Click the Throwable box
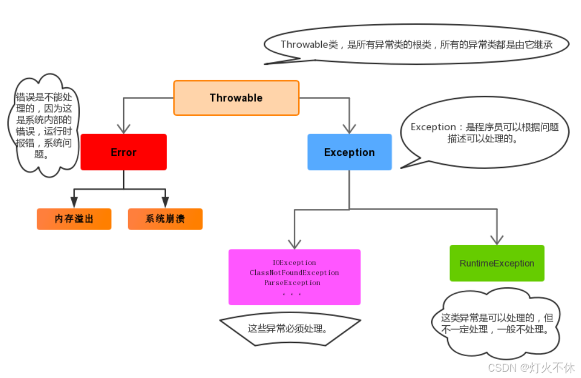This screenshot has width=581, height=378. pyautogui.click(x=236, y=98)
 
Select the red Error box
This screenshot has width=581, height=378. pyautogui.click(x=124, y=152)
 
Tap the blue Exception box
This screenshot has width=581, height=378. pyautogui.click(x=349, y=152)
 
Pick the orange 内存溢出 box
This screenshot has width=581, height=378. pyautogui.click(x=74, y=219)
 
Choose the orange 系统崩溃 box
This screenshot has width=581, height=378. pyautogui.click(x=165, y=219)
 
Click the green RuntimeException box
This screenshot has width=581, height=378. pyautogui.click(x=497, y=263)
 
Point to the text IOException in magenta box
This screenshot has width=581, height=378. pyautogui.click(x=294, y=263)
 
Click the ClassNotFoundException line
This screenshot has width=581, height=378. pyautogui.click(x=294, y=272)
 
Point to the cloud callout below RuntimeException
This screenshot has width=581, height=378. pyautogui.click(x=495, y=324)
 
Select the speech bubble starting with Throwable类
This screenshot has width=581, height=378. pyautogui.click(x=417, y=45)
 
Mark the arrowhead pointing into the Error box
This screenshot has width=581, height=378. pyautogui.click(x=124, y=128)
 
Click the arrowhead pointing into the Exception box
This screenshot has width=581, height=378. pyautogui.click(x=349, y=128)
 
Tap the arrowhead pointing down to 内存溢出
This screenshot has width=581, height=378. pyautogui.click(x=74, y=202)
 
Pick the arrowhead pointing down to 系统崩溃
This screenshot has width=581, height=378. pyautogui.click(x=165, y=202)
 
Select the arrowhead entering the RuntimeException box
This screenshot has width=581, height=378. pyautogui.click(x=497, y=239)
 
